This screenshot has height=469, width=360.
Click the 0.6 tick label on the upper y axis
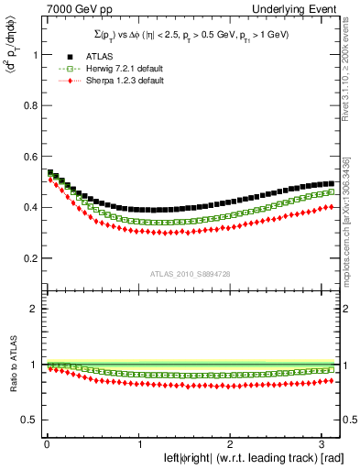27,169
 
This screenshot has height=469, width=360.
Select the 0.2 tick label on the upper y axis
27,245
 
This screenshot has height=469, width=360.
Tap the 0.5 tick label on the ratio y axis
27,420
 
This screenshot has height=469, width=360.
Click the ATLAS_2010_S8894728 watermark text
191,274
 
